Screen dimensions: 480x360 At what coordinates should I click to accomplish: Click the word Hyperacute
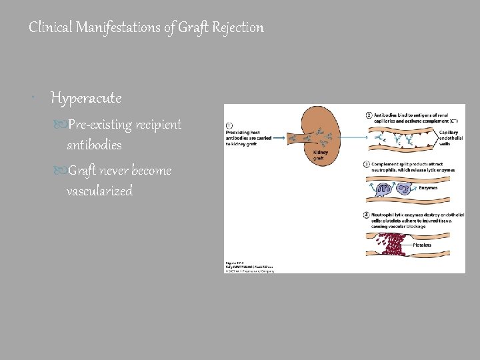(x=86, y=99)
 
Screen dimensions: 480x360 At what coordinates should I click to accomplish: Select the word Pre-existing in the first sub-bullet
(x=99, y=125)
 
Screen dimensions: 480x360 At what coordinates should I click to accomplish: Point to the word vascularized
(x=99, y=191)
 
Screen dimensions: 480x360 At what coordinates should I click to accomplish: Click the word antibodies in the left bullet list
(x=94, y=145)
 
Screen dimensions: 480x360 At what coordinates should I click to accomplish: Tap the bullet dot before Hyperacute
(x=33, y=99)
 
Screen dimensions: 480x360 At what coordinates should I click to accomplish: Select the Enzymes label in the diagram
(x=428, y=188)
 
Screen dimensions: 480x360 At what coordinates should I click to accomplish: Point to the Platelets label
(x=422, y=245)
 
